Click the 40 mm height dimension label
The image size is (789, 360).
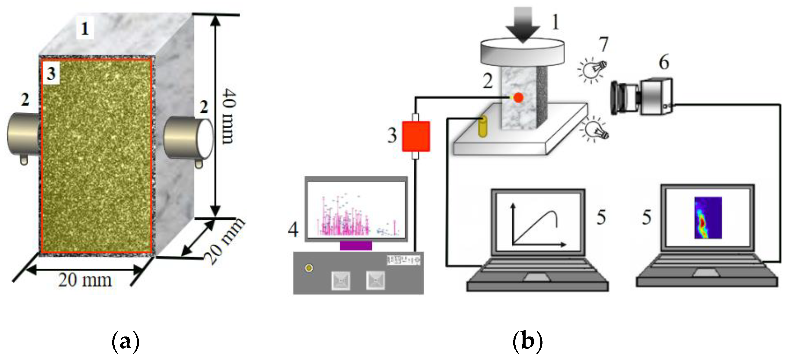pyautogui.click(x=229, y=116)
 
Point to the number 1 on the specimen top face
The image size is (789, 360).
pyautogui.click(x=84, y=29)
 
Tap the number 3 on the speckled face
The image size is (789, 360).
pyautogui.click(x=51, y=74)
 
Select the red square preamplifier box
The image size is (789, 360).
pyautogui.click(x=416, y=136)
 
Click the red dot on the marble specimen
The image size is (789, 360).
pyautogui.click(x=518, y=98)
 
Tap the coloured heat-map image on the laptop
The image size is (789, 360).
pyautogui.click(x=708, y=218)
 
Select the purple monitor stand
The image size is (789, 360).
pyautogui.click(x=356, y=246)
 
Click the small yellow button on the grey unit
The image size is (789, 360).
pyautogui.click(x=309, y=268)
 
